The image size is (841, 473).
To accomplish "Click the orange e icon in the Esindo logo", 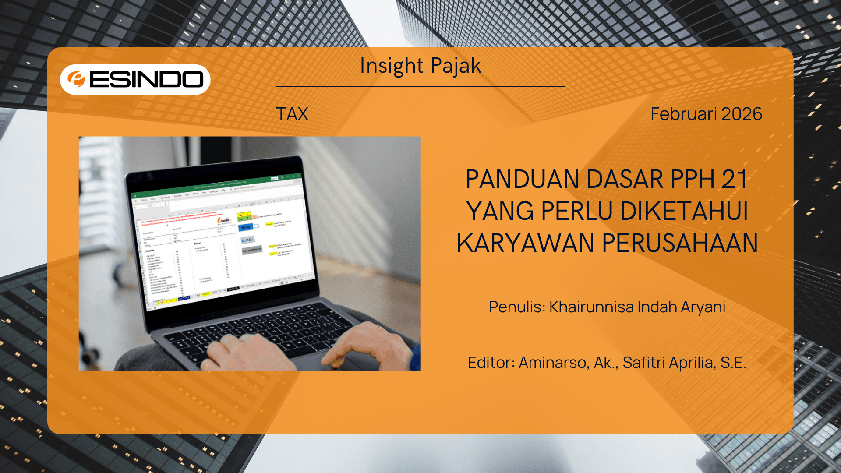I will click(76, 79).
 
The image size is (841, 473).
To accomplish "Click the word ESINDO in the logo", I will click(146, 79).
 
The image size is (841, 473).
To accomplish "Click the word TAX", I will click(292, 114).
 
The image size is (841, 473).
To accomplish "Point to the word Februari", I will click(684, 114).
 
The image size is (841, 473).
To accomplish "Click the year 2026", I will click(742, 114).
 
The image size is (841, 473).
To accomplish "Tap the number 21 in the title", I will click(734, 179).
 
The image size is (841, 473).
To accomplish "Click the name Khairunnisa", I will click(591, 307).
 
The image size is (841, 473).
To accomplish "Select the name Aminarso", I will click(553, 363).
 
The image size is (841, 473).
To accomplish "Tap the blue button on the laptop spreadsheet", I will click(246, 227).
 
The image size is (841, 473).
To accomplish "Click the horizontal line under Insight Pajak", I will click(420, 87).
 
